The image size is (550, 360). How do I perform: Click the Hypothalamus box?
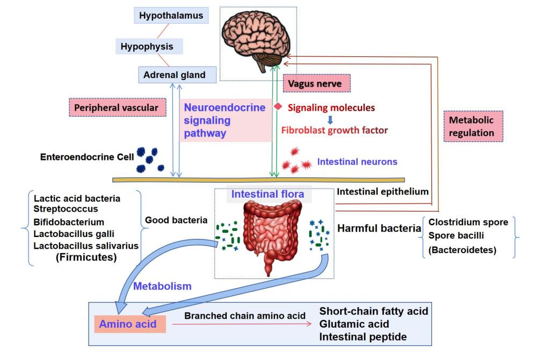point(171,16)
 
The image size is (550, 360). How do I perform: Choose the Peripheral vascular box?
point(116,107)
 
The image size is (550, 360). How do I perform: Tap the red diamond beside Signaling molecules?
point(278,107)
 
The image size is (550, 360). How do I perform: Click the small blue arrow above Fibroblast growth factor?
point(330,119)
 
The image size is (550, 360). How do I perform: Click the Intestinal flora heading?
point(267,194)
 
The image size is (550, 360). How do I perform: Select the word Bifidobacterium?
point(69,221)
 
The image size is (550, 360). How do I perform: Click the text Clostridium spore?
point(468,222)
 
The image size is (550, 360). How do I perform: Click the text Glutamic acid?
point(354,324)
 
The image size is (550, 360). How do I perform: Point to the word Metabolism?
point(162,286)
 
